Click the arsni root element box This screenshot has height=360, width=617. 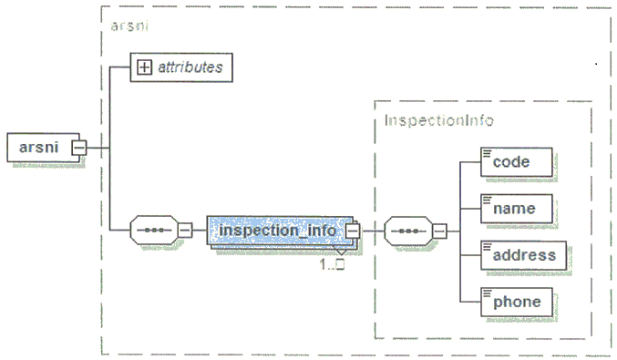[43, 148]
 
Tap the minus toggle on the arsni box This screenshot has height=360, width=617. [79, 148]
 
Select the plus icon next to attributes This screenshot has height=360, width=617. [144, 67]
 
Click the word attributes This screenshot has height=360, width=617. [190, 67]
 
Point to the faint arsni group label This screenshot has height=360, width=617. [129, 26]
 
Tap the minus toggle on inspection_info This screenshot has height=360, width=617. [353, 231]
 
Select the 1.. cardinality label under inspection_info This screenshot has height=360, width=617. [333, 264]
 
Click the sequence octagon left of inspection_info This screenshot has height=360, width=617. [154, 231]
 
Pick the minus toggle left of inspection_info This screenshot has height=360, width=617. [185, 231]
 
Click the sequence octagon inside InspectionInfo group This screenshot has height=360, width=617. [408, 231]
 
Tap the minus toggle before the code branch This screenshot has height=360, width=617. [439, 231]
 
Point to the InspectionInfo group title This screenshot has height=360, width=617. [439, 120]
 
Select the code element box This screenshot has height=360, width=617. [516, 162]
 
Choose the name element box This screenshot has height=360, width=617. [516, 209]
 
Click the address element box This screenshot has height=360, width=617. [523, 255]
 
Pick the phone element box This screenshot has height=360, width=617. [516, 303]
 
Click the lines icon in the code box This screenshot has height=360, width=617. [488, 153]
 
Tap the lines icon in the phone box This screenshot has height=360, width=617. [488, 293]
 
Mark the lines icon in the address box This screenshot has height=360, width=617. [488, 246]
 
